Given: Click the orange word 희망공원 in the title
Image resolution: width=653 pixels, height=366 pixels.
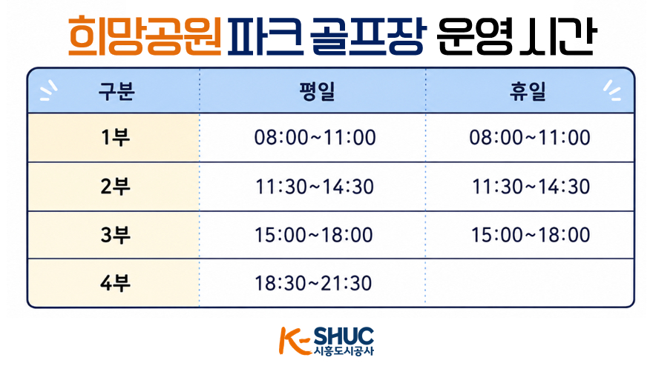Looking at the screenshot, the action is tap(145, 36).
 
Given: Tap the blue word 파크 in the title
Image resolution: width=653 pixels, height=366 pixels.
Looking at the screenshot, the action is tap(263, 36).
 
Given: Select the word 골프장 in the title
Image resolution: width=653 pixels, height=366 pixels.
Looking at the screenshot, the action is tap(368, 36).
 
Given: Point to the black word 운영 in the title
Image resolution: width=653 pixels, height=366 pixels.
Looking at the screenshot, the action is tap(475, 36).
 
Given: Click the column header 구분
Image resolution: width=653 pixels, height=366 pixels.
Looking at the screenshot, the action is tap(117, 92).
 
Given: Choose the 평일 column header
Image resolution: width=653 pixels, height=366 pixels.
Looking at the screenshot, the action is tap(317, 92).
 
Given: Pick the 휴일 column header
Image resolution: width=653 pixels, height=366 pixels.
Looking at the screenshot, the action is tap(528, 92).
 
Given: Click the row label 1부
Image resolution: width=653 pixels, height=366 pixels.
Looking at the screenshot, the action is tap(115, 138).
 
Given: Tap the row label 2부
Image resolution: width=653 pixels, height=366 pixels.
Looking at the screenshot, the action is tap(115, 187).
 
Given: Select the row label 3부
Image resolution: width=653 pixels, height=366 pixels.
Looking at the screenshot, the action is tap(115, 235).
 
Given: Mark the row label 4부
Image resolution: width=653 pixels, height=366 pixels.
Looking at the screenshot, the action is tap(115, 283).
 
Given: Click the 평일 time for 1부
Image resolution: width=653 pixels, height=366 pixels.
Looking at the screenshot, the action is tap(315, 138).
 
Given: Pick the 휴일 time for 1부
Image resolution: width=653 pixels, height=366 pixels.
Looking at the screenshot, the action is tap(530, 138).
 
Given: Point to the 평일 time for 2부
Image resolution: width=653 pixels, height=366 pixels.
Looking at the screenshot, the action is tap(315, 187).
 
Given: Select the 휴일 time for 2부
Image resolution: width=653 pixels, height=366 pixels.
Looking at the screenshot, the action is tap(531, 187).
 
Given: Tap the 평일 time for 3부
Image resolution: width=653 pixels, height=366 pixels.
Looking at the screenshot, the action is tap(314, 235).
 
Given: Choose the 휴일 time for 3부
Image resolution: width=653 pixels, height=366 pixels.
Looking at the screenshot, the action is tap(531, 235).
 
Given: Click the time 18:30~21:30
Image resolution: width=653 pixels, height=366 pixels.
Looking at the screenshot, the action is tap(313, 283).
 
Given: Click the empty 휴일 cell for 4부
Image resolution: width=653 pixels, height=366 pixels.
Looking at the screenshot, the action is tap(530, 283).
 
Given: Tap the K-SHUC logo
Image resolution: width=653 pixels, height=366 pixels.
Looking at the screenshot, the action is tap(326, 341).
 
